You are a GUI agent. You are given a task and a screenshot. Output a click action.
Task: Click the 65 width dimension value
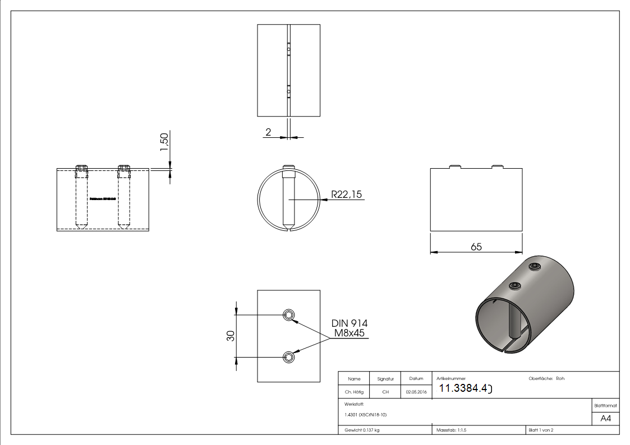tap(476, 247)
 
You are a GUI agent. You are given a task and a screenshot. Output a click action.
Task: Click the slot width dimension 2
tap(268, 132)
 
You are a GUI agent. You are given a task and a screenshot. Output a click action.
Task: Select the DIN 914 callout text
tap(350, 323)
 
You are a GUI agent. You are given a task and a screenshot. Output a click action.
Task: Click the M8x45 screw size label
tap(350, 333)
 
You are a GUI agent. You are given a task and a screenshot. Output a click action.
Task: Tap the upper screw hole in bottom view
tap(288, 314)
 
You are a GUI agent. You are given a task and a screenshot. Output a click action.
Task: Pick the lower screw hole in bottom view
tap(288, 356)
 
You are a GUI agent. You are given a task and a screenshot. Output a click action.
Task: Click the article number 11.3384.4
tap(465, 388)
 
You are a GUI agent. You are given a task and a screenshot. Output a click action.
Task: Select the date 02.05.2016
tap(415, 392)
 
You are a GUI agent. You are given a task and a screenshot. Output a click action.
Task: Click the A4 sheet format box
tap(605, 419)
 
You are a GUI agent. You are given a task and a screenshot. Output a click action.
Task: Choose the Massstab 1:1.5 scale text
tap(451, 430)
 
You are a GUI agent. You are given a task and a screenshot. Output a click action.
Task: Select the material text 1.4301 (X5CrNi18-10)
tap(366, 415)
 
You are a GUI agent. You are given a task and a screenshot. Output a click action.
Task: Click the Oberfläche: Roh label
tap(546, 378)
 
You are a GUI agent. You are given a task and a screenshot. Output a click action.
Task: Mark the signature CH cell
tap(385, 392)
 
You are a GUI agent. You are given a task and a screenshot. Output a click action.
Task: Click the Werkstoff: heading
tap(355, 404)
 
